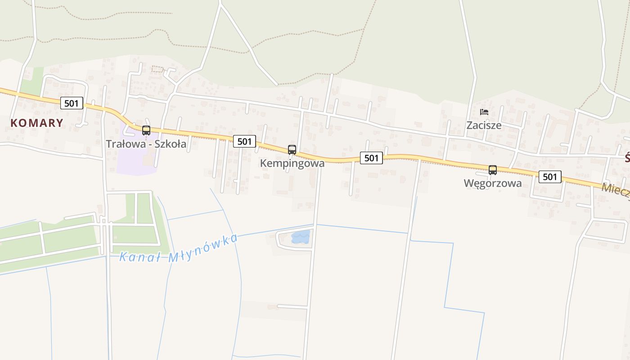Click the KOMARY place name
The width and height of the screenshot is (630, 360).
[x=37, y=123]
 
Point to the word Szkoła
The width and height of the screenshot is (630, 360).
[x=170, y=144]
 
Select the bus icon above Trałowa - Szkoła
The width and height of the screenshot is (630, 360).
[x=146, y=130]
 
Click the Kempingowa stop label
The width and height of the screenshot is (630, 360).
[x=292, y=163]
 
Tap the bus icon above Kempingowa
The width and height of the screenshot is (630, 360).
[x=292, y=150]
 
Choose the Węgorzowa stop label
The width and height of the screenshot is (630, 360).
[x=493, y=183]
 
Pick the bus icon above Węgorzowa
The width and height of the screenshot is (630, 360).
[x=493, y=170]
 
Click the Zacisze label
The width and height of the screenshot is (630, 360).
[x=484, y=125]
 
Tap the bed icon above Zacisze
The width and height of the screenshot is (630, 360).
[x=484, y=112]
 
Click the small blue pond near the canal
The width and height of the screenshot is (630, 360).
[x=301, y=237]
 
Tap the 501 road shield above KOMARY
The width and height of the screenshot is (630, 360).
[x=72, y=103]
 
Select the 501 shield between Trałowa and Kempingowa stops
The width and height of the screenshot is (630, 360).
[x=244, y=141]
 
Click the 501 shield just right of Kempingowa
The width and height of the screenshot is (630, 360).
[x=371, y=158]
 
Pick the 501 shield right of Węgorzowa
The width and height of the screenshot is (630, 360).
[x=550, y=177]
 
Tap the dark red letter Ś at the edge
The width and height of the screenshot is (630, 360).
[x=627, y=158]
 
